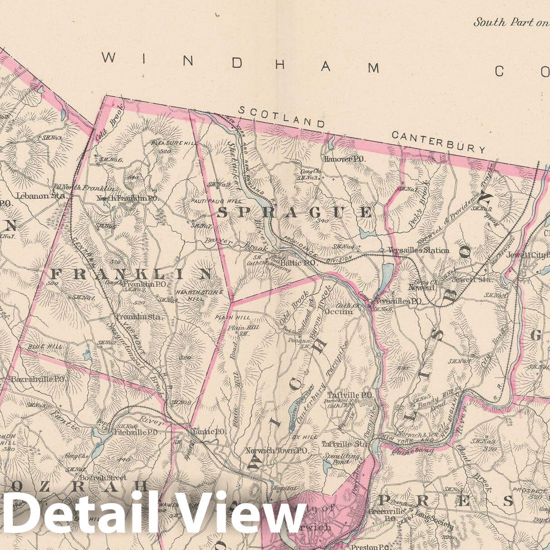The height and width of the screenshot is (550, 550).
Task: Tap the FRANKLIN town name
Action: click(x=132, y=274)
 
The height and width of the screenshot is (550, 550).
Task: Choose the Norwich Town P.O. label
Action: click(x=277, y=450)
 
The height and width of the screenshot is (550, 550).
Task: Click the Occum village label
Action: click(x=344, y=312)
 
